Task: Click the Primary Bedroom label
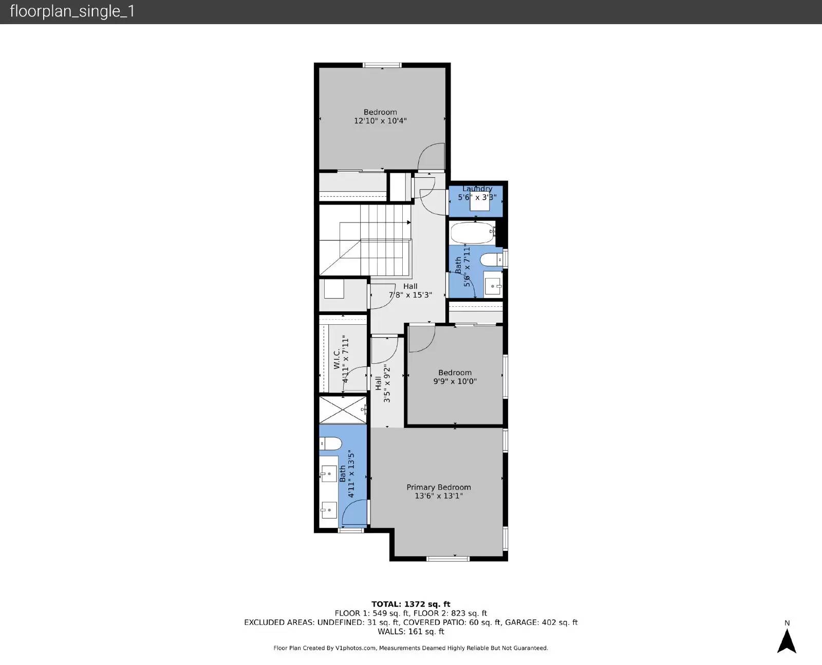coord(438,487)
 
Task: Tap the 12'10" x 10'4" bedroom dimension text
coord(380,121)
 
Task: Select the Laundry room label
coord(477,189)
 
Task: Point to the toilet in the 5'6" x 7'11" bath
coord(493,260)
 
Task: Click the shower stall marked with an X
coord(343,410)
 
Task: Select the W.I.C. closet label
coord(337,359)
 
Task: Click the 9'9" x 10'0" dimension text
coord(455,381)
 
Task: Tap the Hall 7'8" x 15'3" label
coord(410,290)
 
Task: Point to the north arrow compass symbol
coord(787,640)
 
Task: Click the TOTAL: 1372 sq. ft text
coord(410,604)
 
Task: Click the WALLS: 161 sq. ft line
coord(410,632)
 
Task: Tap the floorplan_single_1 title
coord(72,11)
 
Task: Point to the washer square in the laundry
coord(480,203)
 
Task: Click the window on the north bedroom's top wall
coord(382,65)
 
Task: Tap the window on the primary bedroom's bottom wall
coord(448,559)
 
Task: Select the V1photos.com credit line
coord(410,648)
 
